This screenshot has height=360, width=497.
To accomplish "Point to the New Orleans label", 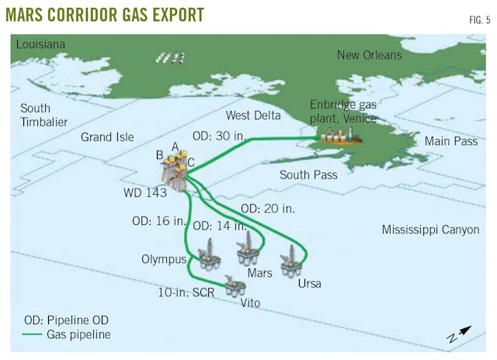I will click(370, 55).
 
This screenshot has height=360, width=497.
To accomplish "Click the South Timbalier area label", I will click(45, 115).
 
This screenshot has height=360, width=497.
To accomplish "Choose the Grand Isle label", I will click(107, 137).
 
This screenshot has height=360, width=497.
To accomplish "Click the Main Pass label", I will click(450, 141).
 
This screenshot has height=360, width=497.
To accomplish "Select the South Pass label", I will click(308, 175).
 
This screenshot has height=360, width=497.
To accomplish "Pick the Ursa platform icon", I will click(291, 261).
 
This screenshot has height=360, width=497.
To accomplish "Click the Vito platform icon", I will click(233, 286).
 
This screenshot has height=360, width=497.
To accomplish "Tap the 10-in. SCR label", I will click(186, 292).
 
